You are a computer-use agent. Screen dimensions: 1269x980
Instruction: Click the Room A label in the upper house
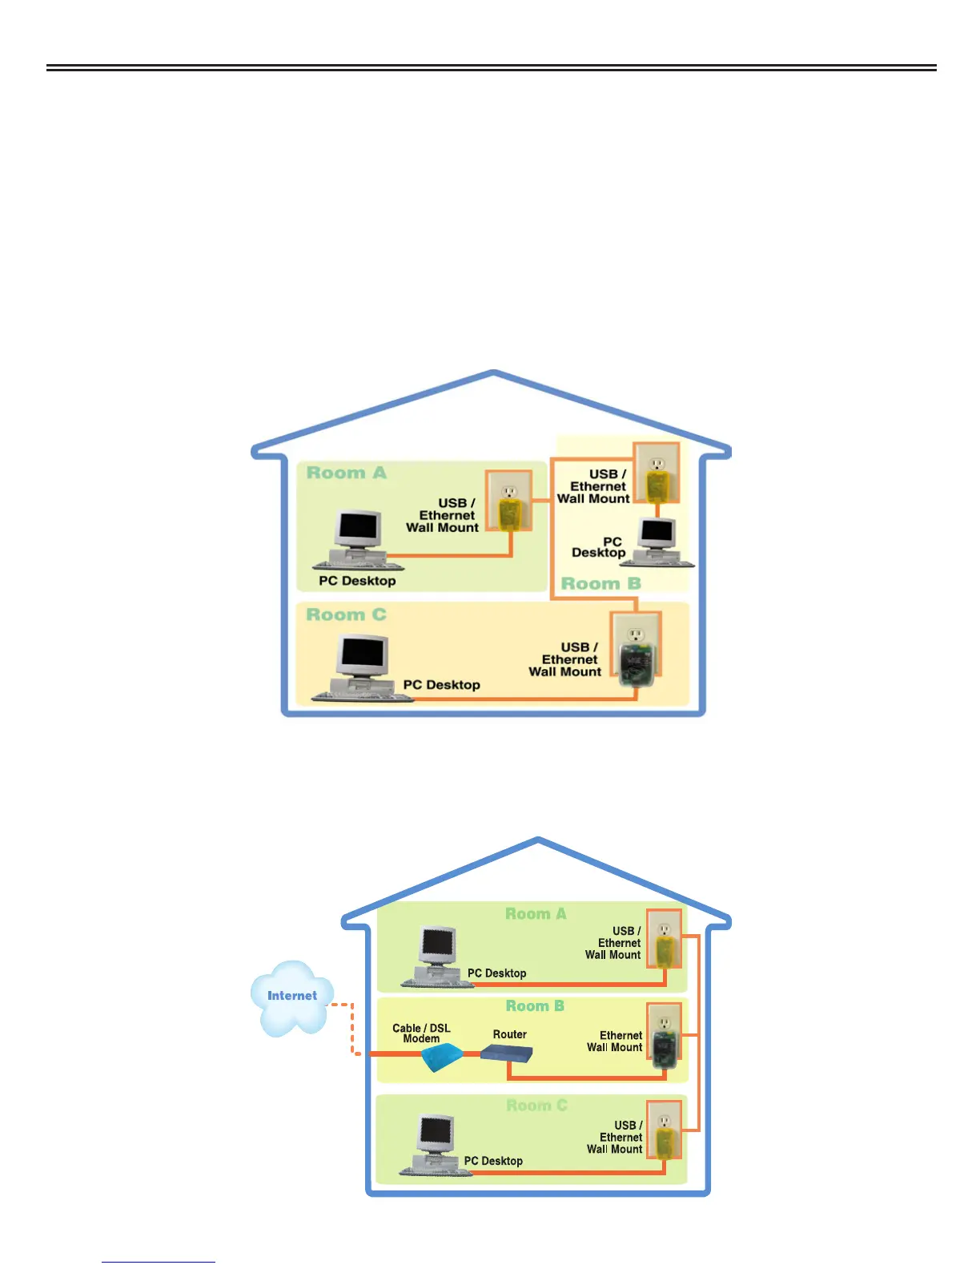(x=346, y=473)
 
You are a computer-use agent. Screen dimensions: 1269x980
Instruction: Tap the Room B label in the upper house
(x=600, y=583)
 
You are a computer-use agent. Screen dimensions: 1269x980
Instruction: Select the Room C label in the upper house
(x=346, y=614)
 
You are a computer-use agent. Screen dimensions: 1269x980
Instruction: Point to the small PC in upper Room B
(x=657, y=542)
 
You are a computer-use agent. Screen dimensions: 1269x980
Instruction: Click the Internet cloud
(x=291, y=997)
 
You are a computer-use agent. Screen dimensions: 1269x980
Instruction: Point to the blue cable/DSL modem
(x=441, y=1057)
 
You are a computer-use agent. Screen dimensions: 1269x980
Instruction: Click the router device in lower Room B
(x=507, y=1053)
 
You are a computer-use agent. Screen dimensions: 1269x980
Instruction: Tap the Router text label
(x=510, y=1034)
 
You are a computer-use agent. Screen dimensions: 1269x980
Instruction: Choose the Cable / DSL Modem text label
(x=421, y=1033)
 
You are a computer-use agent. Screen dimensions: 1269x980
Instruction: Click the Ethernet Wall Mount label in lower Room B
(x=615, y=1041)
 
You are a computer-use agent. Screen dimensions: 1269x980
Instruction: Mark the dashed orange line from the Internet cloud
(x=351, y=1029)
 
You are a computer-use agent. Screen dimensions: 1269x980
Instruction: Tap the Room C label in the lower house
(x=536, y=1106)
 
